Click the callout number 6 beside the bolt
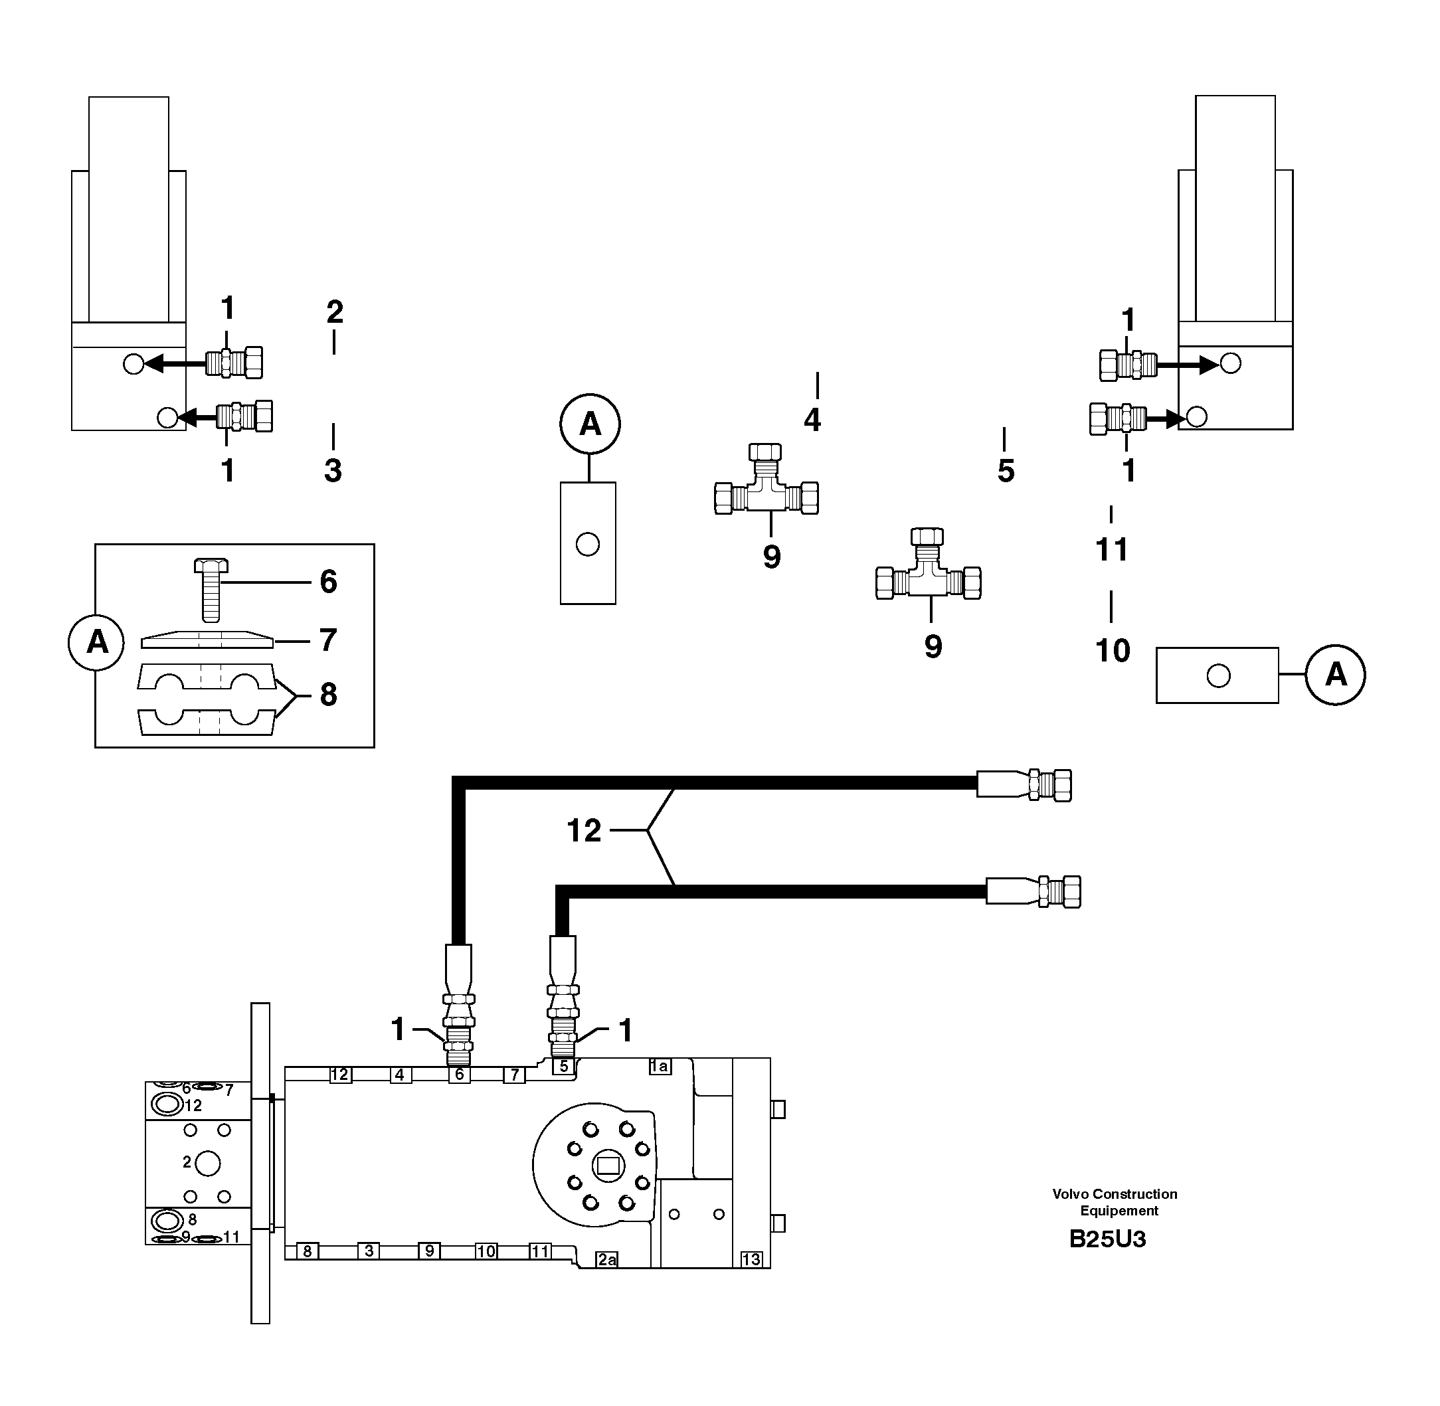(328, 582)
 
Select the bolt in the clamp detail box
(211, 588)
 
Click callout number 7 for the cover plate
(328, 640)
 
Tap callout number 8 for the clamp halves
(328, 695)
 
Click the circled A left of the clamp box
(97, 642)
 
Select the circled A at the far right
(1335, 674)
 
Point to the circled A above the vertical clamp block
(589, 424)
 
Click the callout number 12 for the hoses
(583, 831)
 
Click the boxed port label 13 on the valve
(751, 1259)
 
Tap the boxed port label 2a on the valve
(607, 1259)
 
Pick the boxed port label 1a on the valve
(659, 1065)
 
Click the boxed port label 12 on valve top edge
(339, 1075)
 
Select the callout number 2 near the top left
(335, 312)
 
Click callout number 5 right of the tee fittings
(1006, 471)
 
